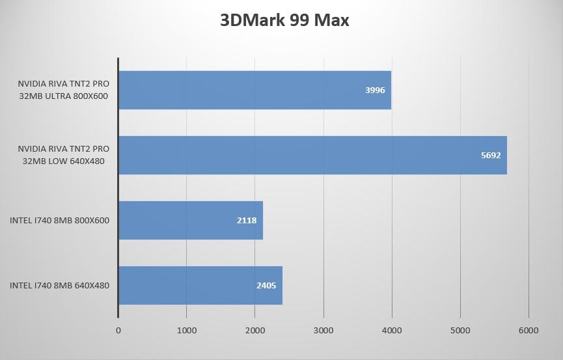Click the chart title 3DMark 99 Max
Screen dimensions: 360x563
tap(284, 20)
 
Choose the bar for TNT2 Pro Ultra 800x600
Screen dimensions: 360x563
tap(254, 90)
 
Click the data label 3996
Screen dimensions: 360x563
tap(375, 90)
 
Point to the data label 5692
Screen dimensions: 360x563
tap(491, 156)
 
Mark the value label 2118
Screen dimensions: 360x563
tap(247, 221)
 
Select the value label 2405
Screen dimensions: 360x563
tap(266, 286)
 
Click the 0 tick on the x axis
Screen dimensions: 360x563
tap(118, 331)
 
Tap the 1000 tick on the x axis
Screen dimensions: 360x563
tap(186, 331)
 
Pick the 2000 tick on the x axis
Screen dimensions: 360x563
tap(254, 331)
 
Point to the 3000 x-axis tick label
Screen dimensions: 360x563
tap(323, 331)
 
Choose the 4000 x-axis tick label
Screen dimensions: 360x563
tap(392, 331)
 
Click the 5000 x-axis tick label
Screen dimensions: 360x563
tap(460, 331)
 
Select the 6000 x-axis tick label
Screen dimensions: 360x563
tap(529, 331)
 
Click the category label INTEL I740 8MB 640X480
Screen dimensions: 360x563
tap(59, 285)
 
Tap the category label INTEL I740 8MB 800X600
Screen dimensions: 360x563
tap(59, 220)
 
